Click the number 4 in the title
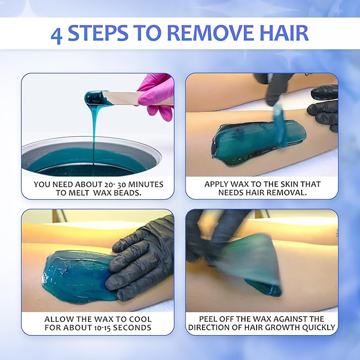point(57,35)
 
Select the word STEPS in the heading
point(98,33)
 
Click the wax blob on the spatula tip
point(94,98)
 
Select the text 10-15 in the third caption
point(103,328)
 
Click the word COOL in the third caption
point(141,319)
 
